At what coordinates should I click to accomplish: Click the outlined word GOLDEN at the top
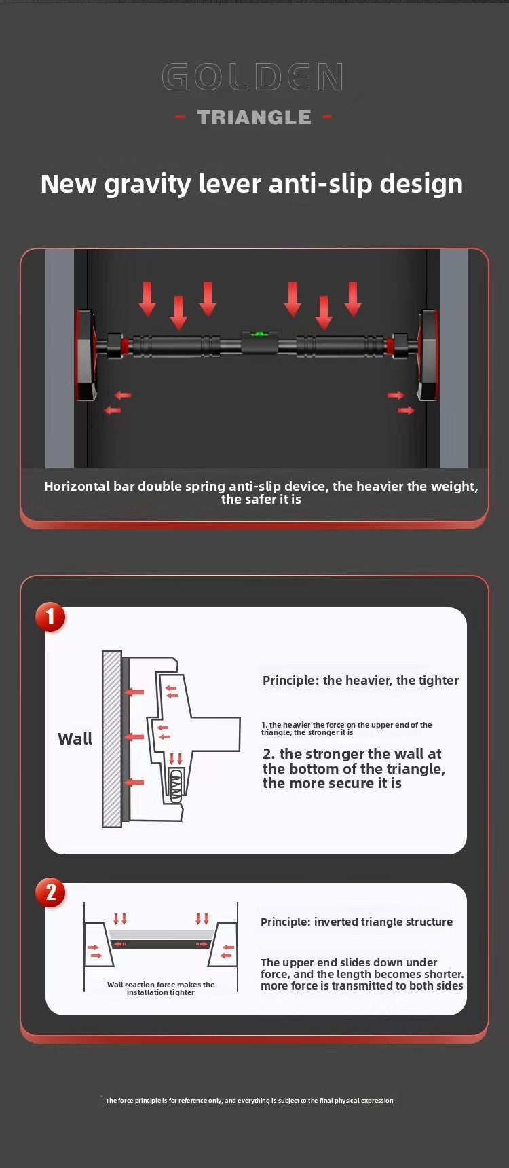252,77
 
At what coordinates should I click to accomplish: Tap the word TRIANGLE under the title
254,117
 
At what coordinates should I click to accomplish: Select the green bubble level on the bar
259,334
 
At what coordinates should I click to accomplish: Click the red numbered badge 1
50,618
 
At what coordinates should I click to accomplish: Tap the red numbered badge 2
50,892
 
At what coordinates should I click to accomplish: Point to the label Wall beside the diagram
75,739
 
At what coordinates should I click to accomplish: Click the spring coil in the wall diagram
176,786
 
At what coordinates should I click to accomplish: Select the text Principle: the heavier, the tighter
360,681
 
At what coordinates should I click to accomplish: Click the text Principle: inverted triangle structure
356,922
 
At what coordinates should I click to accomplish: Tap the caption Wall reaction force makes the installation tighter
161,988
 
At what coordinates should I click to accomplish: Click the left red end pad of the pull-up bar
86,354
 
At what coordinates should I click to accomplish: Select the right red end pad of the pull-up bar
428,354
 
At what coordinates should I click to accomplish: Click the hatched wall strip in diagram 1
111,738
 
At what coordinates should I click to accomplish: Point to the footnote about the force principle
249,1100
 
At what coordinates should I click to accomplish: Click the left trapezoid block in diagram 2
97,945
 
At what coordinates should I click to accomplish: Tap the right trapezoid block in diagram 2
224,945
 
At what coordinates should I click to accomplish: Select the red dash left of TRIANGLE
181,117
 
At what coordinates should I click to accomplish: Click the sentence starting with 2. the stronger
354,768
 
